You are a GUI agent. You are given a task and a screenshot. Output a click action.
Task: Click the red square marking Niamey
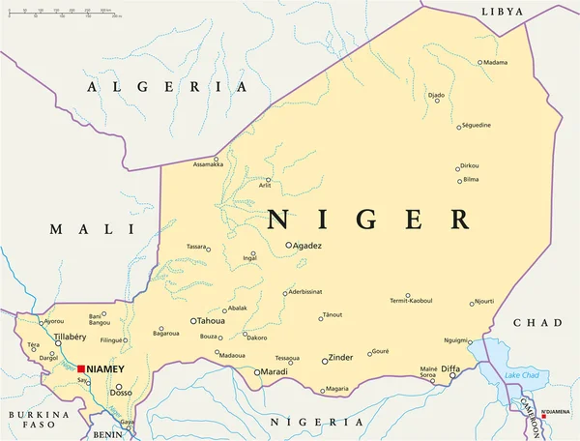click(x=81, y=368)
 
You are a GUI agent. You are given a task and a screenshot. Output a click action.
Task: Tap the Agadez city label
click(x=308, y=246)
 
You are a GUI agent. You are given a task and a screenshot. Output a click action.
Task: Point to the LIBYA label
click(x=502, y=12)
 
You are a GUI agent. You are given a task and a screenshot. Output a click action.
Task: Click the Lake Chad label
click(x=522, y=374)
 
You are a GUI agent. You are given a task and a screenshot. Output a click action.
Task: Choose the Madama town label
click(x=494, y=63)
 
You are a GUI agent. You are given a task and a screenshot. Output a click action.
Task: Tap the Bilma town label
click(x=471, y=180)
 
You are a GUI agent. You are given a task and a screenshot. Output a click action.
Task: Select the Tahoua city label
click(x=212, y=320)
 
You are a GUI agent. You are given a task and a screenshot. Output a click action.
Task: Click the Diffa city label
click(x=450, y=368)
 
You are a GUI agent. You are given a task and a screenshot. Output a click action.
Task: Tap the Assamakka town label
click(x=208, y=165)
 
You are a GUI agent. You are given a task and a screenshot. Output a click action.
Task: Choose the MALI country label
click(x=93, y=229)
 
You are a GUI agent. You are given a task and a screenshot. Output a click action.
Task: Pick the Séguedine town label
click(x=476, y=126)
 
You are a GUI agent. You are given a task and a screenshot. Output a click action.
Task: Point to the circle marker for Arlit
click(x=269, y=179)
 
